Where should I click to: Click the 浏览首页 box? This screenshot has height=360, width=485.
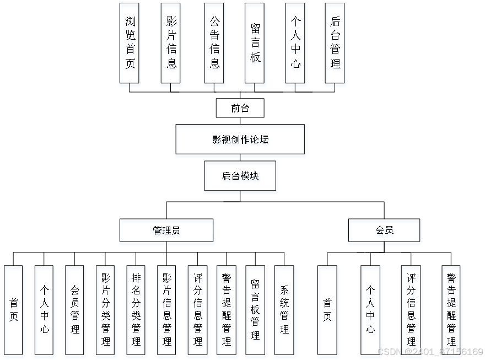pyautogui.click(x=130, y=45)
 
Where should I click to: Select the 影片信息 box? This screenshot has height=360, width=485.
pyautogui.click(x=171, y=45)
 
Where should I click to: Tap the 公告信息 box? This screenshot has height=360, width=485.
pyautogui.click(x=215, y=45)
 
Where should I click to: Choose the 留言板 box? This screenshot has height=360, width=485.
pyautogui.click(x=255, y=45)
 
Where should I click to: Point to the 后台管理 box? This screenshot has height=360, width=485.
pyautogui.click(x=336, y=45)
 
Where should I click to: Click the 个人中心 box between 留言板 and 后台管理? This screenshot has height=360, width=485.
pyautogui.click(x=296, y=45)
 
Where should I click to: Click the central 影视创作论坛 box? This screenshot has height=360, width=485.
pyautogui.click(x=241, y=141)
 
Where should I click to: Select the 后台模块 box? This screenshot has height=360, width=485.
pyautogui.click(x=241, y=178)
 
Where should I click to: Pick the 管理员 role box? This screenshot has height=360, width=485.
pyautogui.click(x=166, y=232)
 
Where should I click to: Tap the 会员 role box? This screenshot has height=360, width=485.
pyautogui.click(x=384, y=232)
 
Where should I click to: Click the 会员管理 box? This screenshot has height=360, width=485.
pyautogui.click(x=76, y=311)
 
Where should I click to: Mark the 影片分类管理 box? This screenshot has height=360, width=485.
pyautogui.click(x=106, y=311)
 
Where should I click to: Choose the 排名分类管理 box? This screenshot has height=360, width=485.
pyautogui.click(x=137, y=311)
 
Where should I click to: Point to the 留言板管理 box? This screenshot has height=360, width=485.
pyautogui.click(x=255, y=311)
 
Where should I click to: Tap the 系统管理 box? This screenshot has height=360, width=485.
pyautogui.click(x=284, y=311)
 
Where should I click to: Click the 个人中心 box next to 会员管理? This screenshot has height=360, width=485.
pyautogui.click(x=45, y=311)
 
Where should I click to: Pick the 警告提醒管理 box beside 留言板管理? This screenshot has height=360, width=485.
pyautogui.click(x=226, y=311)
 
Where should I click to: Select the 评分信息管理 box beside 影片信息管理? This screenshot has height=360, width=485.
pyautogui.click(x=198, y=311)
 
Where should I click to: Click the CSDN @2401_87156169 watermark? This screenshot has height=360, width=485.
pyautogui.click(x=430, y=351)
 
